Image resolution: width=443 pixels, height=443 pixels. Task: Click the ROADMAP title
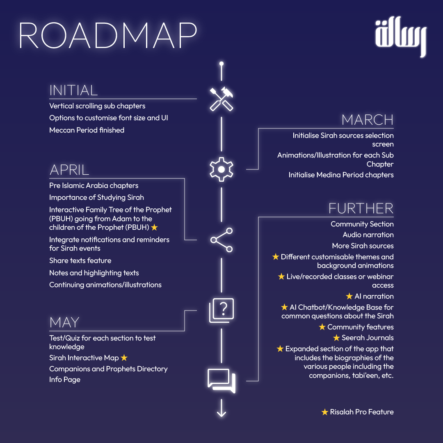107,37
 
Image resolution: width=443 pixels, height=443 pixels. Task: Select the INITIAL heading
73,90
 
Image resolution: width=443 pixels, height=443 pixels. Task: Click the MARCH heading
368,120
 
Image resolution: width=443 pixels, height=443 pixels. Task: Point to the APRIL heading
69,170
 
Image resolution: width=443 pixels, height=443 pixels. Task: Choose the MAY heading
64,322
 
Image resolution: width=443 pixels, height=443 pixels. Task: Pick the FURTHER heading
361,208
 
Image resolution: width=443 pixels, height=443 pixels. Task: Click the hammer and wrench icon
221,99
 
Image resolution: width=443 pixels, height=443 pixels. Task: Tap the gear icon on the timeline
221,169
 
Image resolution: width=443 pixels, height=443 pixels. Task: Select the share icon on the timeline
221,240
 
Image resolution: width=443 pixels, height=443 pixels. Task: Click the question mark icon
221,310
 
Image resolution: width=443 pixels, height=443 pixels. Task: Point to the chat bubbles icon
221,380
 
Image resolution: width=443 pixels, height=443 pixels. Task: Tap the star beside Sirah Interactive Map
124,358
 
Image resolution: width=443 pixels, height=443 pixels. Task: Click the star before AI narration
349,296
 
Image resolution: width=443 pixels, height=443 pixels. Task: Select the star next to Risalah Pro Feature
324,412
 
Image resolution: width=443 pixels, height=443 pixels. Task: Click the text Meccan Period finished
87,130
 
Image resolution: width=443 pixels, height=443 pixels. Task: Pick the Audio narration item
368,235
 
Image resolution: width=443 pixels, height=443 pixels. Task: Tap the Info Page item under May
65,379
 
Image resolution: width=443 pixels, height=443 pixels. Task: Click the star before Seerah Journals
336,338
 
